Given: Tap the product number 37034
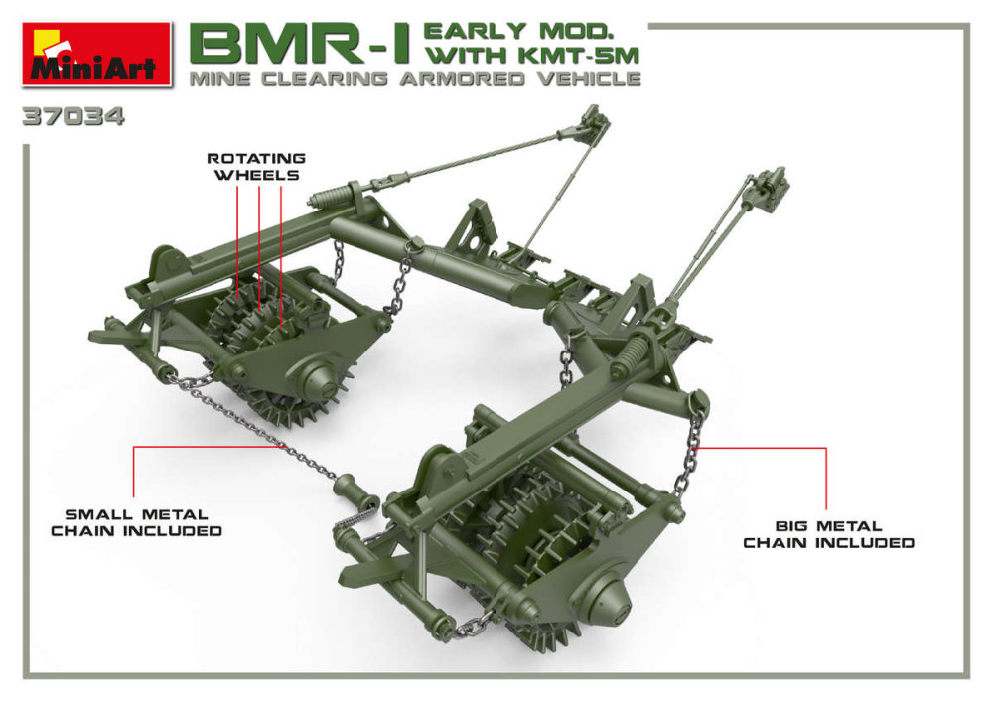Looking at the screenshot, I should point(73,117).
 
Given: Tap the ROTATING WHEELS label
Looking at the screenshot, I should point(255,167).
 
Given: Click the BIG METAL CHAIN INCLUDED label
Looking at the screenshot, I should point(828,534).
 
